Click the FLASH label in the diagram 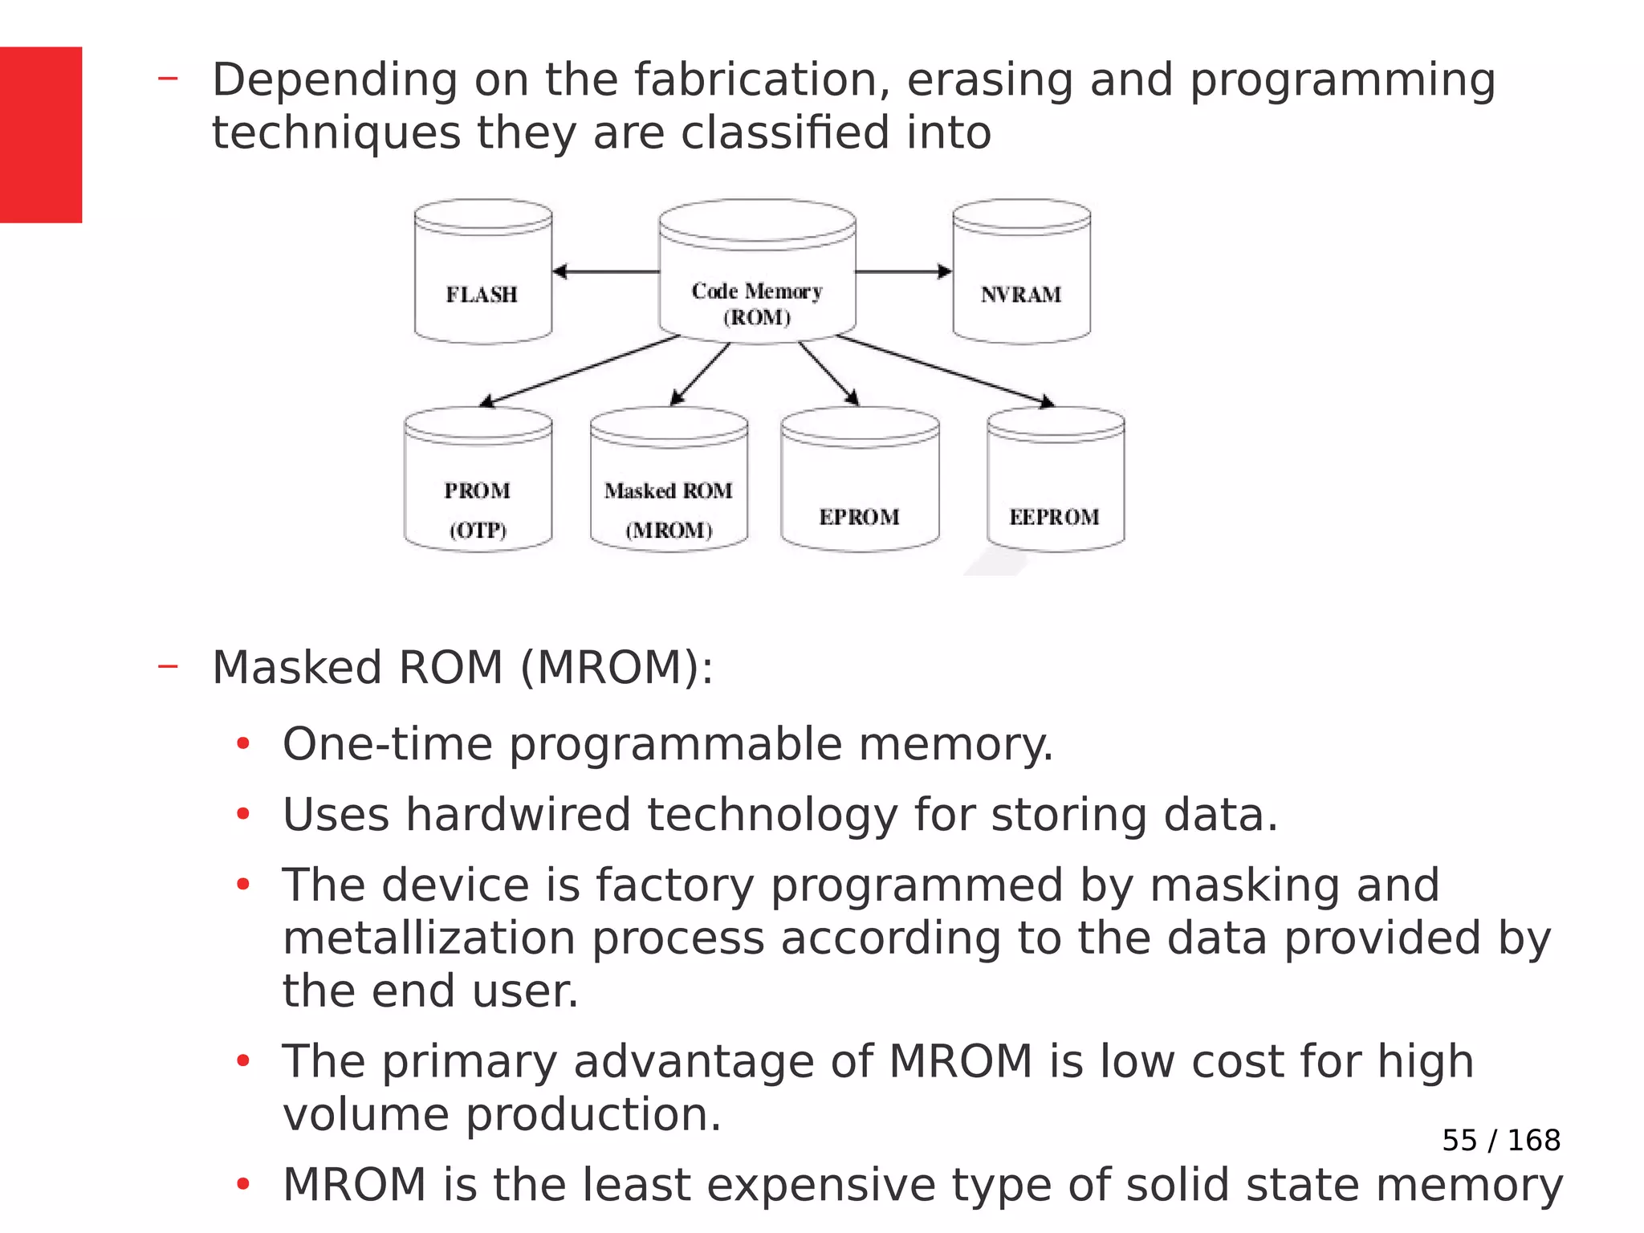point(482,295)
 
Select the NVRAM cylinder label point(1020,295)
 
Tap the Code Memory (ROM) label point(757,303)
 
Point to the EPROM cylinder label point(859,517)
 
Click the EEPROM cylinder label point(1054,517)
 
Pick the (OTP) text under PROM point(478,531)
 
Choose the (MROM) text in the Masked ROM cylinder point(669,531)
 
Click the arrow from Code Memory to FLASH point(606,272)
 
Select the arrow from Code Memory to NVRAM point(903,272)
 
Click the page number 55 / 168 point(1500,1140)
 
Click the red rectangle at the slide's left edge point(40,135)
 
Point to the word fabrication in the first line point(761,80)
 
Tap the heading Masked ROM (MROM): point(462,668)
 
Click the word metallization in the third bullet point(429,938)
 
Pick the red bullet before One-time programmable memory point(243,744)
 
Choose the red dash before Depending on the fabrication point(168,79)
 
